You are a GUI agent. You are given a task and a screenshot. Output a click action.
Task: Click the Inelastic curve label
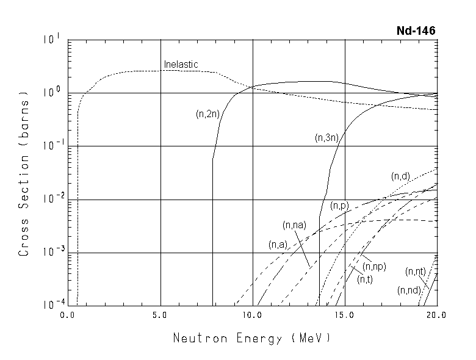point(181,64)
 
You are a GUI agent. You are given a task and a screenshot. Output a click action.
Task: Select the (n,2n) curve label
point(207,113)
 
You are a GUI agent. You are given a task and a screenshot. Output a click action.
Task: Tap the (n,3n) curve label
point(326,139)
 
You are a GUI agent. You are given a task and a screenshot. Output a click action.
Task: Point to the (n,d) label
point(400,176)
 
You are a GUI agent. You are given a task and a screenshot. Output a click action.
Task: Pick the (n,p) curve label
point(339,206)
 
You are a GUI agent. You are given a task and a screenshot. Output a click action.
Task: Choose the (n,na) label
point(294,225)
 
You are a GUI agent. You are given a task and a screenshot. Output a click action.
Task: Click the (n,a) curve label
point(278,245)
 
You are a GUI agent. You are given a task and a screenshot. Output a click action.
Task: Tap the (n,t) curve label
point(366,279)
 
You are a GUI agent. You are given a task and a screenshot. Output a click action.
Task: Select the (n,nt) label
point(415,271)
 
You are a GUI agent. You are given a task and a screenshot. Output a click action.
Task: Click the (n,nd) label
point(408,290)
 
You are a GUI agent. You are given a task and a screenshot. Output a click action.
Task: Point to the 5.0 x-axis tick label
point(160,315)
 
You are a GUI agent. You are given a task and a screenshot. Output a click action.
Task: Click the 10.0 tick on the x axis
point(252,315)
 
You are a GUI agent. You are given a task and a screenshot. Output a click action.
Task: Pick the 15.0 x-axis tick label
point(345,315)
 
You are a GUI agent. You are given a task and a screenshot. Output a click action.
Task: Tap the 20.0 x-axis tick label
point(436,315)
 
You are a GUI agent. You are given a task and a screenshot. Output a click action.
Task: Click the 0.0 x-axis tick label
point(68,315)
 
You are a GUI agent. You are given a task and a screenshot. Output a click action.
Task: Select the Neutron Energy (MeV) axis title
point(251,337)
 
